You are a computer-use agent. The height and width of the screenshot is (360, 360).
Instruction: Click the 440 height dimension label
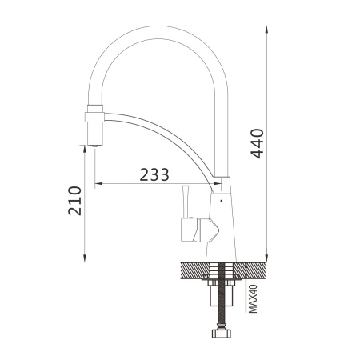tap(258, 143)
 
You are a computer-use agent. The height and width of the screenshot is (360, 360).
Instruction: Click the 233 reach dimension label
tap(154, 175)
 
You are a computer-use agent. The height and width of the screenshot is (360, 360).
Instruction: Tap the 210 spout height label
tap(74, 201)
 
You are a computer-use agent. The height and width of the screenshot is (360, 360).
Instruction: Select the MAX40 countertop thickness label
tap(253, 298)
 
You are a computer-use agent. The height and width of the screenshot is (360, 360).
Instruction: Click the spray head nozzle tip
tap(95, 146)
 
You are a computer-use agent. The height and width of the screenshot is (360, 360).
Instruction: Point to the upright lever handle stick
tap(186, 202)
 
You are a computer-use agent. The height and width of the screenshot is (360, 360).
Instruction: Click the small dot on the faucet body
tap(222, 201)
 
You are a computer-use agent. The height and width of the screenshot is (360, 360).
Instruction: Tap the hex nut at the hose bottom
tap(222, 334)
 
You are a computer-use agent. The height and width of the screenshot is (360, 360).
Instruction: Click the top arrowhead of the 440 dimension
tap(266, 30)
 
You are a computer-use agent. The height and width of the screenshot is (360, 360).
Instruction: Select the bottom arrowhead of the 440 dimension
tap(266, 258)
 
